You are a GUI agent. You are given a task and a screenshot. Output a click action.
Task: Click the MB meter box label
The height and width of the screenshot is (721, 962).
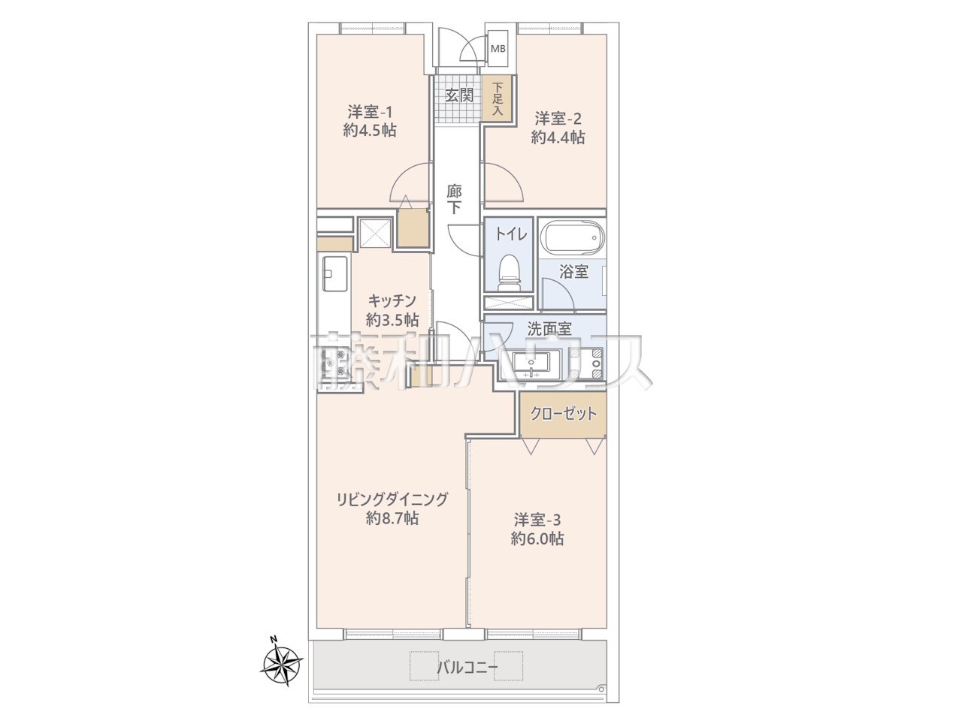click(498, 49)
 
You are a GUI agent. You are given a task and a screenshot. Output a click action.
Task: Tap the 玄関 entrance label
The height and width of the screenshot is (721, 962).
click(459, 95)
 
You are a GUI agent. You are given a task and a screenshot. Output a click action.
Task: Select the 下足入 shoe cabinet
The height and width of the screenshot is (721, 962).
click(497, 98)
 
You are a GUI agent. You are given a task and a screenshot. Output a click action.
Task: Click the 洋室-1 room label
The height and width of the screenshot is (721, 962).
click(370, 112)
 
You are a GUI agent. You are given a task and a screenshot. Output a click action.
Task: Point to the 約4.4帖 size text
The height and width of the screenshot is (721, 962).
click(558, 137)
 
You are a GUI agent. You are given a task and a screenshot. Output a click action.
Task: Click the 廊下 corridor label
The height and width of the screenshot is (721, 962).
click(454, 200)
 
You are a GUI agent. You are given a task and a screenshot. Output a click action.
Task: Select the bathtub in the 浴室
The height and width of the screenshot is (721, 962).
click(572, 239)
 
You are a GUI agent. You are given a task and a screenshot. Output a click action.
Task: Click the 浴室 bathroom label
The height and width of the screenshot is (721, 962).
click(573, 271)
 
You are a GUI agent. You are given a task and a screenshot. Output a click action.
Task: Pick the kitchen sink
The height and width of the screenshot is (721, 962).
click(335, 273)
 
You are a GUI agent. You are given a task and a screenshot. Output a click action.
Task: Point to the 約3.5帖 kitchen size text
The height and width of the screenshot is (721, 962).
click(392, 321)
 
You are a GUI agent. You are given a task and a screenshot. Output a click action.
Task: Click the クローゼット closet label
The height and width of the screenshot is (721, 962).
click(564, 414)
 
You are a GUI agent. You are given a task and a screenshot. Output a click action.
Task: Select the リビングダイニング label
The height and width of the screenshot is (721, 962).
click(392, 499)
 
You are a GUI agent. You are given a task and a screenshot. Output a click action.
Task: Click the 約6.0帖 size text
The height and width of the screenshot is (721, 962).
click(537, 538)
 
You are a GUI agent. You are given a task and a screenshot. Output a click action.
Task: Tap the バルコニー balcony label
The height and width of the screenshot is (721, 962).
click(467, 668)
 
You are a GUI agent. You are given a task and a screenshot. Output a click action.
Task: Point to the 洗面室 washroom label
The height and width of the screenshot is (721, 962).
click(549, 329)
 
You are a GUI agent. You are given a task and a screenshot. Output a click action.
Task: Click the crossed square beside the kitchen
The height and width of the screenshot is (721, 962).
click(375, 234)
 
